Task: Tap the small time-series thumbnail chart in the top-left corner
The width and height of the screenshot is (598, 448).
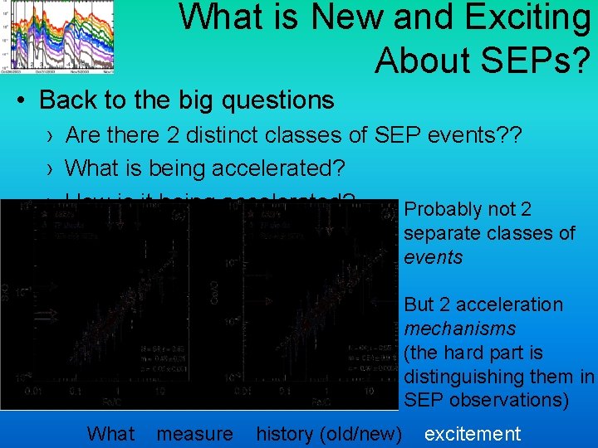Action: tap(57, 37)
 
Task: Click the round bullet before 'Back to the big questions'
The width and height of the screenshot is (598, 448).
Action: tap(22, 101)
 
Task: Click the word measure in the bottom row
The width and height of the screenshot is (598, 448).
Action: tap(194, 433)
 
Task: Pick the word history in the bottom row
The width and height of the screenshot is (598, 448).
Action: tap(287, 433)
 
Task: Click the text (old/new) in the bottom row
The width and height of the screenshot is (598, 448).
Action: tap(365, 433)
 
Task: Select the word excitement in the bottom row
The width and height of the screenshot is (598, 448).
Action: tap(472, 433)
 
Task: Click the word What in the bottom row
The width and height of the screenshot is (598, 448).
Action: tap(110, 433)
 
